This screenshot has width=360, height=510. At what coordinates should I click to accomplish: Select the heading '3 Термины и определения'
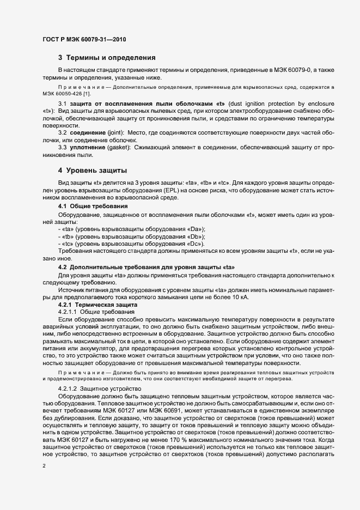(107, 57)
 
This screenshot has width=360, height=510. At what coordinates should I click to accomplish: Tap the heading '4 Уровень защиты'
(93, 171)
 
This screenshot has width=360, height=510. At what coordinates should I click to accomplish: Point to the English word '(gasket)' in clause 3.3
(119, 147)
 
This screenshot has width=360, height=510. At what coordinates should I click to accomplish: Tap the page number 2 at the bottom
(44, 466)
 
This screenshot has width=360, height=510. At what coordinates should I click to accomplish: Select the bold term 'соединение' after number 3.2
(88, 132)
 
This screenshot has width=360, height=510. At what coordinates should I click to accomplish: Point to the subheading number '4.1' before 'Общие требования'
(63, 207)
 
